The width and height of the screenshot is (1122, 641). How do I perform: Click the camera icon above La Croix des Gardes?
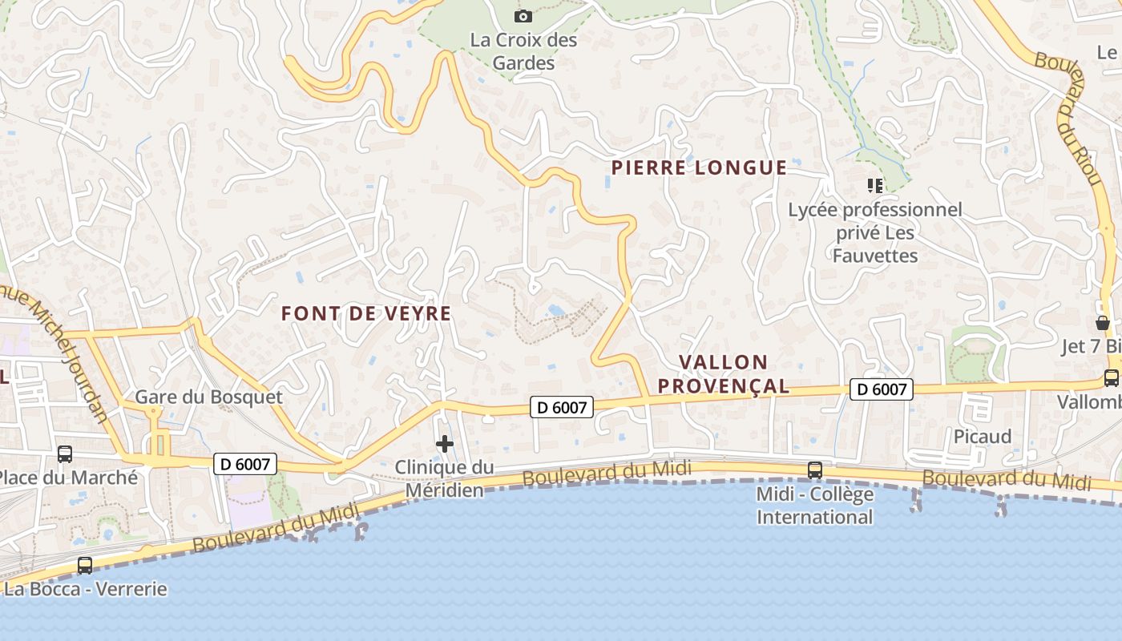(x=523, y=16)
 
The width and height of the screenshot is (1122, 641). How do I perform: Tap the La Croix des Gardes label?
(x=523, y=51)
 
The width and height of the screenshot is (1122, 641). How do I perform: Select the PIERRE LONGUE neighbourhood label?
(x=699, y=167)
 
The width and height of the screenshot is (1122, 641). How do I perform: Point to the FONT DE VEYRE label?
(x=366, y=313)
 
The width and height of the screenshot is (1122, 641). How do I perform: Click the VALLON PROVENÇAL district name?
(x=724, y=374)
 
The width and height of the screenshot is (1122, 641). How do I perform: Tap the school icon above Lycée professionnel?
(x=874, y=186)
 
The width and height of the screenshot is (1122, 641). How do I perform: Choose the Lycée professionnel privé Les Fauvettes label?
(x=875, y=232)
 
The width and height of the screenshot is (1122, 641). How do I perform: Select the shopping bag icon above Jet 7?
(x=1103, y=323)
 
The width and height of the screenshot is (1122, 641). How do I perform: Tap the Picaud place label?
(x=983, y=437)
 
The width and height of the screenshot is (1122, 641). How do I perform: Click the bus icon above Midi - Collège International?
(x=815, y=470)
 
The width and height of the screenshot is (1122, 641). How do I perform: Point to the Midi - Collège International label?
(x=815, y=506)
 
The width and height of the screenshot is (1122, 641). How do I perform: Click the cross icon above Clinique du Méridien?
(x=445, y=444)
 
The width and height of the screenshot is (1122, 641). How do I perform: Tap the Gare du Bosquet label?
(x=208, y=397)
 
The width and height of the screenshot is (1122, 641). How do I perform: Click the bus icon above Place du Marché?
(x=65, y=454)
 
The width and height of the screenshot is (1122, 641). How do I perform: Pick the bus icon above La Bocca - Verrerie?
(x=85, y=565)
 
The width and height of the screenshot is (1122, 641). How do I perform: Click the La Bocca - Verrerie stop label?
(x=86, y=590)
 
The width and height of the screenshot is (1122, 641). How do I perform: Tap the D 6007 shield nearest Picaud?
(x=882, y=390)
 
